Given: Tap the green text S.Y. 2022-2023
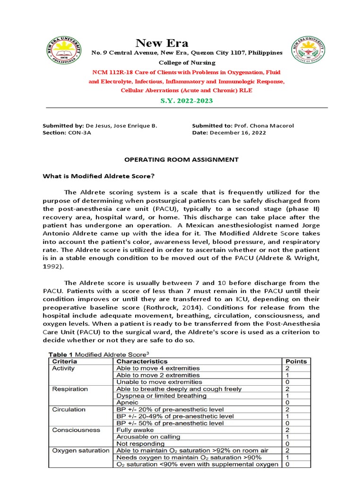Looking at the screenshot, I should click(187, 101).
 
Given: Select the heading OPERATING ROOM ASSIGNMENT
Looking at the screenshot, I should click(181, 160).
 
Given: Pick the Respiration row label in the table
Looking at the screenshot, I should click(70, 389).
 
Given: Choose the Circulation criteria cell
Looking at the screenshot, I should click(69, 409).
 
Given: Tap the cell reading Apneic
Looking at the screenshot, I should click(128, 403).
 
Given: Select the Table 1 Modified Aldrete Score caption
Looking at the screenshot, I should click(101, 354).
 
